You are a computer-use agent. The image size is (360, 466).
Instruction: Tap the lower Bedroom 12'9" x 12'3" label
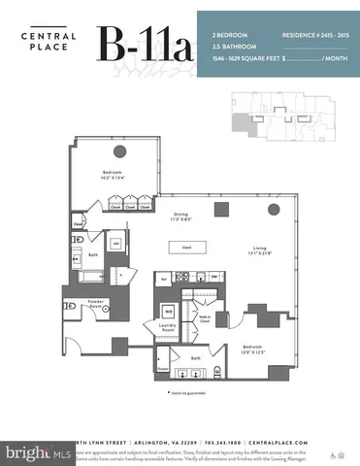(x=255, y=349)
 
